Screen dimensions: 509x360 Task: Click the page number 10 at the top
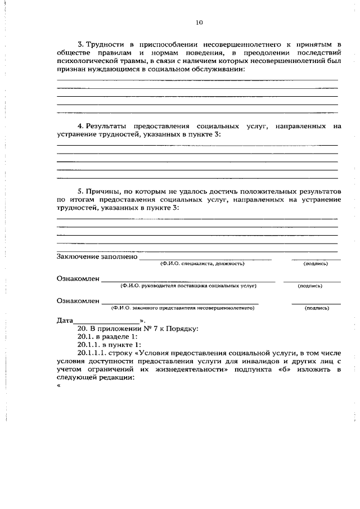199,22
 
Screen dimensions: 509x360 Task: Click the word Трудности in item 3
104,43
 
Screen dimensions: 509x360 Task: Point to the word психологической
87,60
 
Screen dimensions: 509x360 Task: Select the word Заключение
79,256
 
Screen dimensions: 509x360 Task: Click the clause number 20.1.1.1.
92,353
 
